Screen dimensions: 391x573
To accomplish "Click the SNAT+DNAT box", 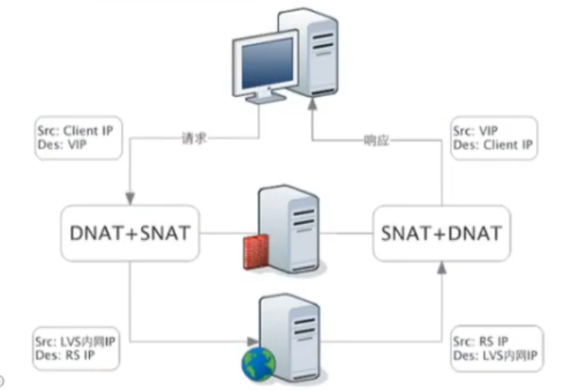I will click(441, 232).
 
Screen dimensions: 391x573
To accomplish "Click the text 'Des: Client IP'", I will click(492, 145).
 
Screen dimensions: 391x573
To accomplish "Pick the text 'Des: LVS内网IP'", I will click(495, 355).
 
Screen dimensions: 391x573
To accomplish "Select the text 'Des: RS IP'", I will click(62, 355).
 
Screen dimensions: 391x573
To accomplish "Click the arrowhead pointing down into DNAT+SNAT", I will click(130, 199).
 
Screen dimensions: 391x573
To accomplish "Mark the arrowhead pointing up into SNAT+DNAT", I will click(441, 267).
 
